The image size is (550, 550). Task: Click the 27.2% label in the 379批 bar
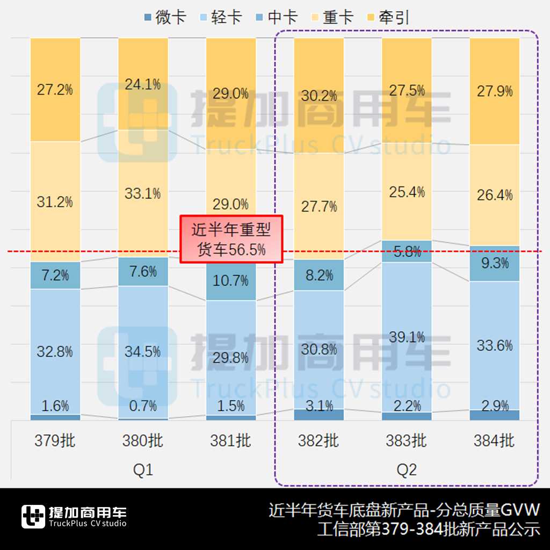click(x=55, y=90)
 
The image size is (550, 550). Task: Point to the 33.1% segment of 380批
click(x=143, y=193)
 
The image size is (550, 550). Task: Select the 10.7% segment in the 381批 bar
click(x=231, y=280)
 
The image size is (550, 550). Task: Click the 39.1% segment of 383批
click(x=407, y=337)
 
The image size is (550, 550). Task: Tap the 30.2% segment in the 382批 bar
click(x=319, y=96)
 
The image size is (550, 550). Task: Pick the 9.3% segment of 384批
click(x=494, y=263)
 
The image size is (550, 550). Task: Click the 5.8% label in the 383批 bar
click(x=407, y=251)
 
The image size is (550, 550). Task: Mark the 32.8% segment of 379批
click(x=55, y=352)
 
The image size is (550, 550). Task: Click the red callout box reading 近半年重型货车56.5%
click(x=231, y=240)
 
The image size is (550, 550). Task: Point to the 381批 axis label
click(x=231, y=441)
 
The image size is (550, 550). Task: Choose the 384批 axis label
click(x=494, y=441)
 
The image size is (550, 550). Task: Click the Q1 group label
click(x=143, y=470)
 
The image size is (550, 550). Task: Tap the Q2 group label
click(x=407, y=470)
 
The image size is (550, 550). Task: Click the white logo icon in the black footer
click(x=33, y=517)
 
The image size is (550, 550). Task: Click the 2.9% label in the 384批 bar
click(x=494, y=406)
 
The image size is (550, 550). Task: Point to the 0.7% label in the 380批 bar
click(x=143, y=406)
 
